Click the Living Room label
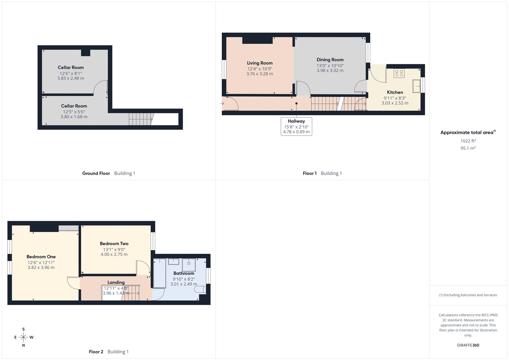(x=260, y=63)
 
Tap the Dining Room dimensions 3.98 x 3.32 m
(x=330, y=70)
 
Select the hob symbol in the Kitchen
(x=399, y=74)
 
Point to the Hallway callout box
(x=296, y=126)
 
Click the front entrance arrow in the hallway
(x=222, y=103)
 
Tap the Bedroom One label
(x=41, y=257)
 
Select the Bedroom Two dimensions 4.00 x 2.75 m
(x=114, y=254)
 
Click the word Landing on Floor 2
(x=116, y=282)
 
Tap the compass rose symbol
(x=24, y=337)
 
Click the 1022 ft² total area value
(x=468, y=141)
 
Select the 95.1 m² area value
(x=468, y=148)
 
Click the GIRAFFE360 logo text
(x=468, y=345)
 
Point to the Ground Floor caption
(x=96, y=173)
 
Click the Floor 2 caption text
(x=96, y=352)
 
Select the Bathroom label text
(x=184, y=273)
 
